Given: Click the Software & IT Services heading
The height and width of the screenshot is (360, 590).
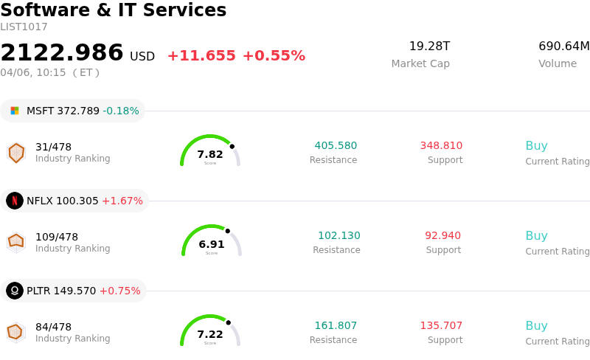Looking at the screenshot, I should coord(114,10).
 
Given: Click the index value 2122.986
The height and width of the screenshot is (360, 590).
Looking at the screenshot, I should coord(62,53).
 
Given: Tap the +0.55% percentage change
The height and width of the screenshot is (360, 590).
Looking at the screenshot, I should coord(274,56).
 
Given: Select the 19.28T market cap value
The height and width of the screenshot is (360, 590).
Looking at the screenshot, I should coord(429,46).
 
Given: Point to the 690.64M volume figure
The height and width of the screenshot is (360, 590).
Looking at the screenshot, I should coord(564,46).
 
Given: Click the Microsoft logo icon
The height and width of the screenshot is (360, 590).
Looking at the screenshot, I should coord(15,111).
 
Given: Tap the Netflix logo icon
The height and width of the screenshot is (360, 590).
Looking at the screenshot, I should coord(15,201).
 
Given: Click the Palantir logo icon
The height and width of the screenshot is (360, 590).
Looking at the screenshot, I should coord(15,291).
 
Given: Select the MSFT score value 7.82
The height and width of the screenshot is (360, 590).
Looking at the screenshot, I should coord(210,154).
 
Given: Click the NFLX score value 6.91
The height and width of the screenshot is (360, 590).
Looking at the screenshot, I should coord(212,244).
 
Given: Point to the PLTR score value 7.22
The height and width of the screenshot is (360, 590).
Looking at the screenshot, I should coord(210,334).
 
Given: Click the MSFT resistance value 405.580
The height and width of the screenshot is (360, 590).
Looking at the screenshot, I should coord(336,146).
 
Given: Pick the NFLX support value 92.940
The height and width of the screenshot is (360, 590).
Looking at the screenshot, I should coord(442,236).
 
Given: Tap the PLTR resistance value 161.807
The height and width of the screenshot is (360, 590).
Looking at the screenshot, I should coord(336,326).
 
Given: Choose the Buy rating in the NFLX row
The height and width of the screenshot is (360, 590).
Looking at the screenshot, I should coord(536,236).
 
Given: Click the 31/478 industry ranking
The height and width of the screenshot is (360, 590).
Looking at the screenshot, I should coord(53,147).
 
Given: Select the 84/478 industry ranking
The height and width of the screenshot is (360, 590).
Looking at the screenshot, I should coord(53,327).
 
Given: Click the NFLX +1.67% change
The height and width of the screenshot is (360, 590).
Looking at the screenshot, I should coord(122,201).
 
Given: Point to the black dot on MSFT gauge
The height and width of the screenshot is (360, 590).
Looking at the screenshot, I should coord(232,146).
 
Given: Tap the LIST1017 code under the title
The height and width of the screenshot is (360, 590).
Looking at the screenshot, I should coord(24,27).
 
